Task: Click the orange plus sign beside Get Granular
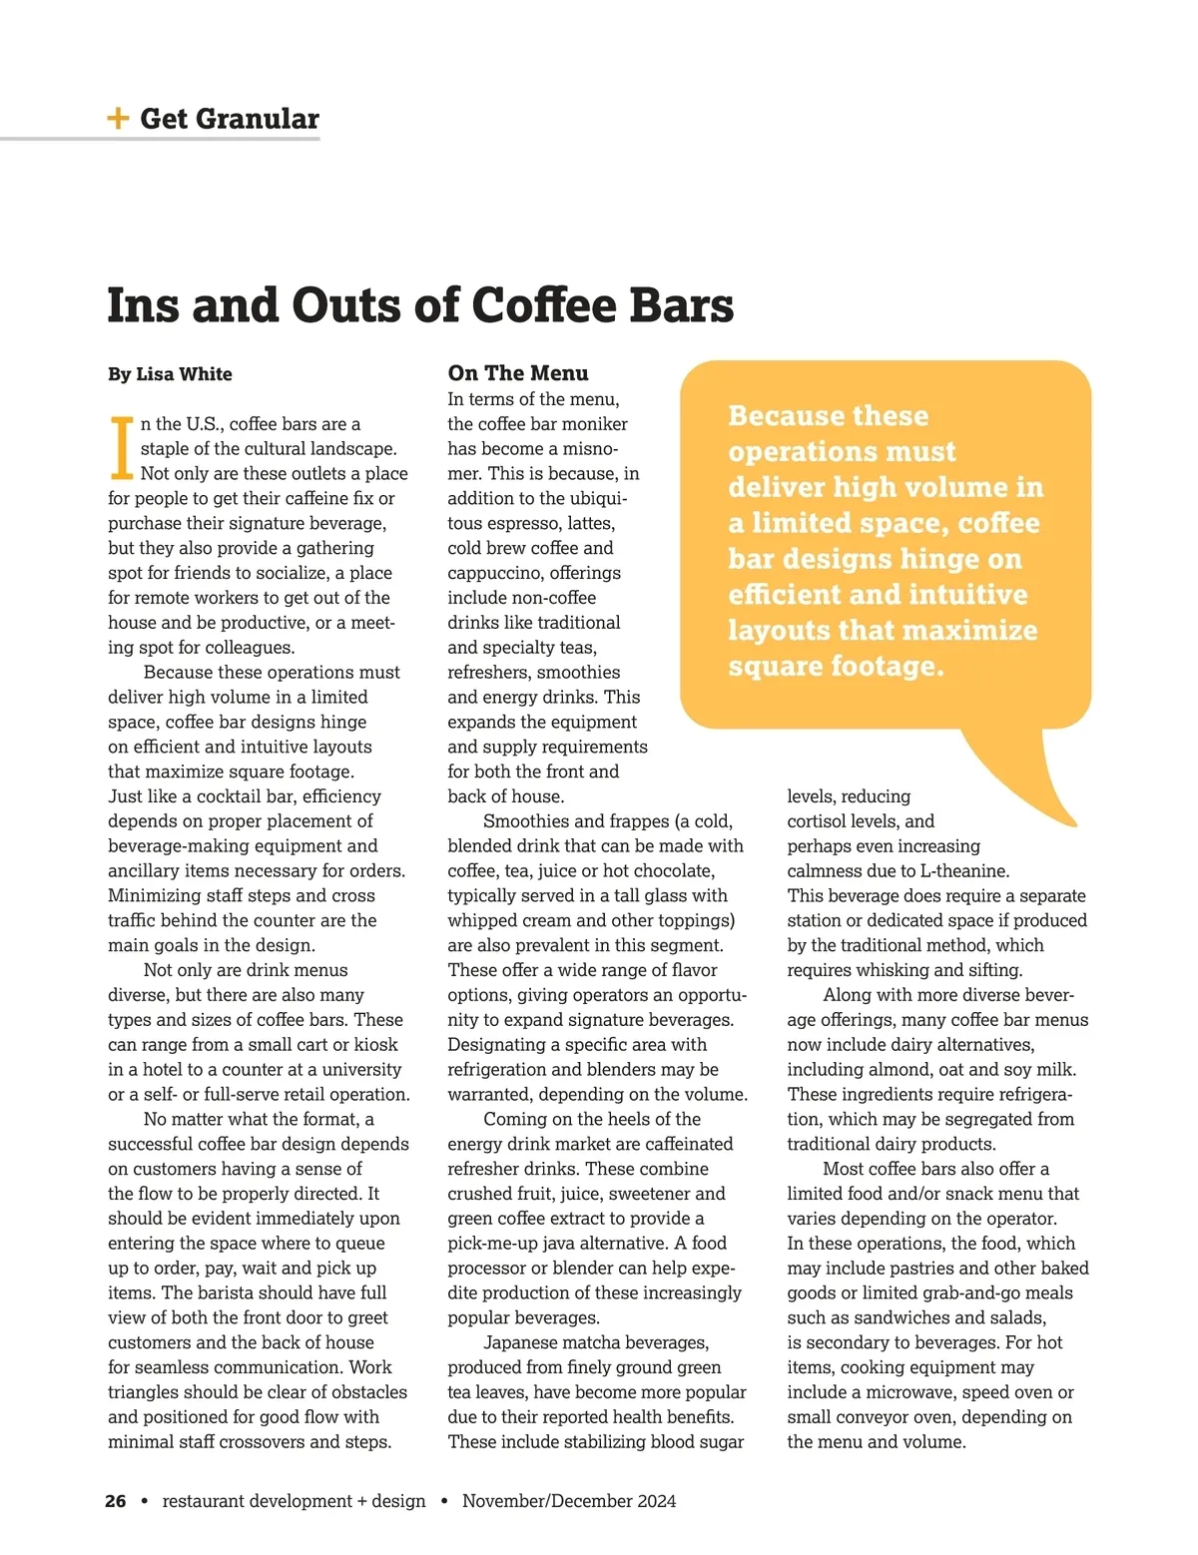click(x=118, y=119)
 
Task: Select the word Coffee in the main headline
click(x=545, y=305)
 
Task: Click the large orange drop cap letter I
click(x=121, y=448)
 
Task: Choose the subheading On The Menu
click(x=518, y=373)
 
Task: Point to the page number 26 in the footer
click(x=116, y=1501)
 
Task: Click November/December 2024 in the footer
click(x=569, y=1501)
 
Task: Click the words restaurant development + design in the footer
click(x=294, y=1501)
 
